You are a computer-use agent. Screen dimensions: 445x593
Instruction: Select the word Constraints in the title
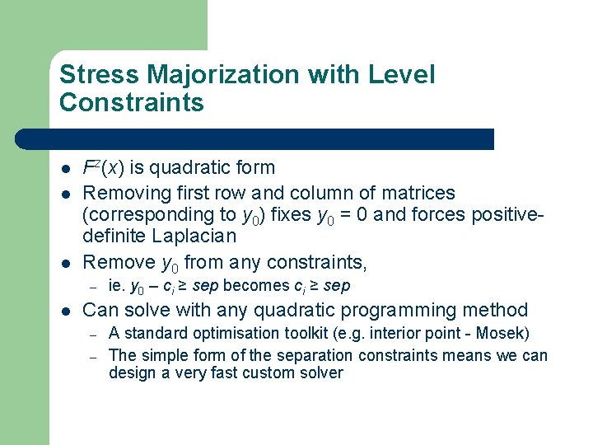coord(132,103)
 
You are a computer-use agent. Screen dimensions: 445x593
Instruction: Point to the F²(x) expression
coord(102,168)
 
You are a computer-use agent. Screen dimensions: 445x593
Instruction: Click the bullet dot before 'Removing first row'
coord(64,194)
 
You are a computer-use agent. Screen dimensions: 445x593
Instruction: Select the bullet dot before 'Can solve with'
coord(64,311)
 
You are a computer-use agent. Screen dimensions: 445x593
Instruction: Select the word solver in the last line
coord(320,372)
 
